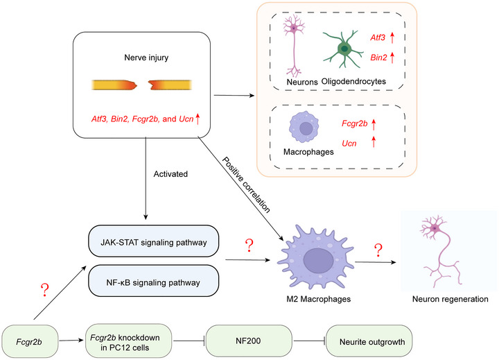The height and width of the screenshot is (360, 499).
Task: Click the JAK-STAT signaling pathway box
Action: [x=153, y=241]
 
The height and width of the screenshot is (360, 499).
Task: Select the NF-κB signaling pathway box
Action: [x=153, y=281]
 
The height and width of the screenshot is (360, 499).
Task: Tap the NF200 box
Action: [x=249, y=341]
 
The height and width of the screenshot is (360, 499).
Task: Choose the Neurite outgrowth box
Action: [x=369, y=341]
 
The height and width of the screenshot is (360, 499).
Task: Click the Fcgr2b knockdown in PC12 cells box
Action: [x=129, y=341]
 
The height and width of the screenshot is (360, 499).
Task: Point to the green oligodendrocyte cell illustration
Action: [x=343, y=49]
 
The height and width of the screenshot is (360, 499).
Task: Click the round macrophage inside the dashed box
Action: [x=304, y=127]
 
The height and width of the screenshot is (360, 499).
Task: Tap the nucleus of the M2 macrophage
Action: [x=318, y=261]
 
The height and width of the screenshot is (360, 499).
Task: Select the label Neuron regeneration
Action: [x=450, y=299]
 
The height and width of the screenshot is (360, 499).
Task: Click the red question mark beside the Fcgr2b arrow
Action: [x=45, y=290]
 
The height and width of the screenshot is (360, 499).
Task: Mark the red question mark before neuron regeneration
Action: [x=378, y=250]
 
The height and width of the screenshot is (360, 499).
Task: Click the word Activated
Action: [x=170, y=174]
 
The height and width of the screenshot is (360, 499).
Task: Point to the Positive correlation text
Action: [x=246, y=185]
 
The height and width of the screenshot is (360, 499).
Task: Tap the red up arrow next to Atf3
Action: [x=392, y=37]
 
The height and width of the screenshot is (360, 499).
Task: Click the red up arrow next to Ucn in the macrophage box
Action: [x=374, y=142]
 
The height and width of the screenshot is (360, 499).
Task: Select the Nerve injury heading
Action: [x=146, y=58]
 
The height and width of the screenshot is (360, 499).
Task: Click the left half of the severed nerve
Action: [x=114, y=85]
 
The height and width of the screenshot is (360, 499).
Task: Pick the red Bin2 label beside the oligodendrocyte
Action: [x=378, y=58]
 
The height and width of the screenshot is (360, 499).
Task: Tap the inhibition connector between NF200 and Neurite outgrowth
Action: [x=309, y=341]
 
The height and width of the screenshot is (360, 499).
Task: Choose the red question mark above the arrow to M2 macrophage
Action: [x=249, y=246]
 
